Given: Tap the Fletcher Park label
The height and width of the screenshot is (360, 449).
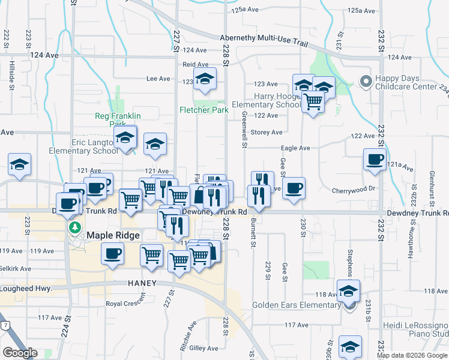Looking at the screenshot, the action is coord(203,110).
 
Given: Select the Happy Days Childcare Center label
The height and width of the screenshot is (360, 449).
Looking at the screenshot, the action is coord(412,82).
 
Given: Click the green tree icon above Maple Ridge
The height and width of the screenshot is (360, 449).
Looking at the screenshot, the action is coord(75,227).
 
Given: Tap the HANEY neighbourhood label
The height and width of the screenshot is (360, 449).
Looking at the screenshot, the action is coord(142,283).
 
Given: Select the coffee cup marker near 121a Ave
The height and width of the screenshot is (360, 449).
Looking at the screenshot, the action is coord(375,160).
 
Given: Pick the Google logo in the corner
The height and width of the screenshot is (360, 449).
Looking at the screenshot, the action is coord(20,353).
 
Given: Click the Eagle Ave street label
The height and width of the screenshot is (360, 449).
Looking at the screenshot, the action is coord(296,148).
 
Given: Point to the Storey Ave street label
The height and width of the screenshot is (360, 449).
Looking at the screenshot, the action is coord(267,132).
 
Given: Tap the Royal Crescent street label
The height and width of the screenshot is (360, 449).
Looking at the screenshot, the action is coord(126,304).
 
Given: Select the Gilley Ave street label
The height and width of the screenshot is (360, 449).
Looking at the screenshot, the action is coord(203,348).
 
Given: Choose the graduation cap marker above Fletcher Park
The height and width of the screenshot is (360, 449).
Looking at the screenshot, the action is coord(205,79).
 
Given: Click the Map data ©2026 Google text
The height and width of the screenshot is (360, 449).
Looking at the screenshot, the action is coord(412,355).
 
